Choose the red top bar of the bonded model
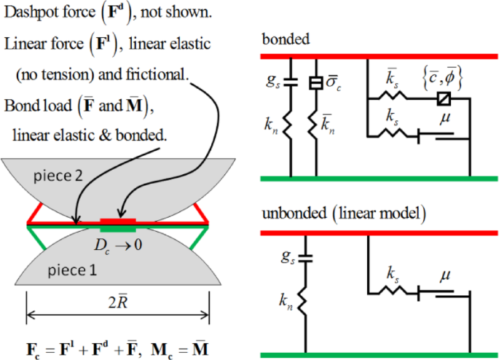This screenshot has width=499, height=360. click(x=380, y=54)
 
